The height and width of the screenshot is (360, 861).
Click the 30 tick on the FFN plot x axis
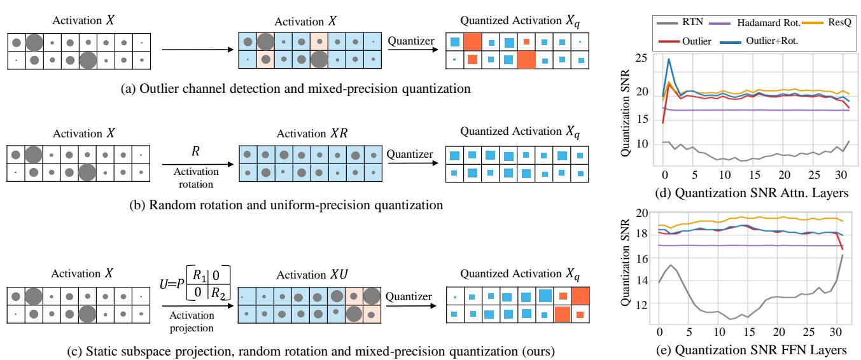coord(832,333)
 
